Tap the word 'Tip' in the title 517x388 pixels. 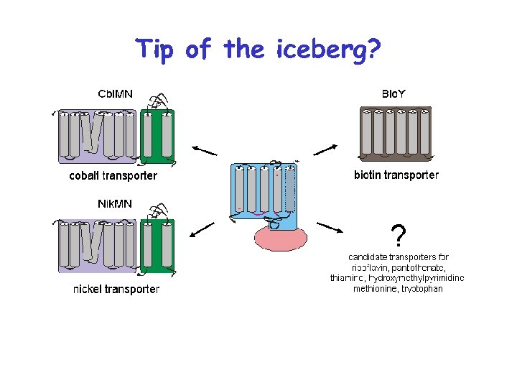click(156, 50)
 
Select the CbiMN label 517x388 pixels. click(120, 93)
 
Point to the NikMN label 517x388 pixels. click(115, 203)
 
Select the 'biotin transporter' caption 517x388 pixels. click(396, 175)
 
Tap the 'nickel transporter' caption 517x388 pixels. click(116, 290)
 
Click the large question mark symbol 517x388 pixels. click(399, 234)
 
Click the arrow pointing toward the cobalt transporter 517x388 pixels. click(205, 149)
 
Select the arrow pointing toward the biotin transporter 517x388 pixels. click(325, 149)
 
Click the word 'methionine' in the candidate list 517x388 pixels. click(376, 289)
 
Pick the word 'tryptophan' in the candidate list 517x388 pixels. click(421, 289)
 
